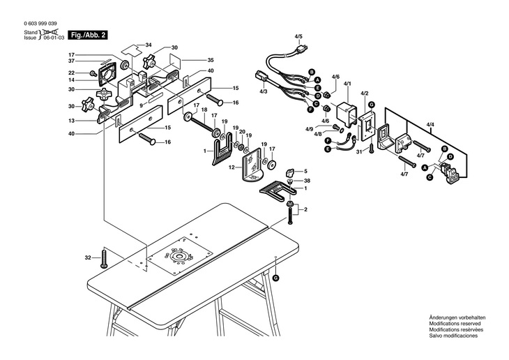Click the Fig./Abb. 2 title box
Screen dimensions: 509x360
point(87,35)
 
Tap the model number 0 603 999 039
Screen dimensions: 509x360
point(40,24)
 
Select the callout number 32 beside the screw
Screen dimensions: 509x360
point(88,257)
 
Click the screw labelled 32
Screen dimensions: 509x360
point(104,258)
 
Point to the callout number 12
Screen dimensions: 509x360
point(231,167)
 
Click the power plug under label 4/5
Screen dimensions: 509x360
point(302,50)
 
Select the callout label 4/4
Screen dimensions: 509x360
point(430,123)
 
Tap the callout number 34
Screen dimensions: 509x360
point(149,45)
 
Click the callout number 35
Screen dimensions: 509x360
point(211,60)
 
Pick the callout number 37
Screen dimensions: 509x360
point(71,61)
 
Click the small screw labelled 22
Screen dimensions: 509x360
point(93,73)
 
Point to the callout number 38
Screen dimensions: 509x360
point(307,181)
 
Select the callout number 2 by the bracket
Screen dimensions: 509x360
point(305,209)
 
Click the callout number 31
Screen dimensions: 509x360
point(358,151)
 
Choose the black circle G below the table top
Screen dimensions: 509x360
point(275,278)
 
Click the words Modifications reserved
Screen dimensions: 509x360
point(455,324)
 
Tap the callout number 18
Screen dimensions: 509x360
point(204,110)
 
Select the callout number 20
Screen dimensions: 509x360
point(242,132)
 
